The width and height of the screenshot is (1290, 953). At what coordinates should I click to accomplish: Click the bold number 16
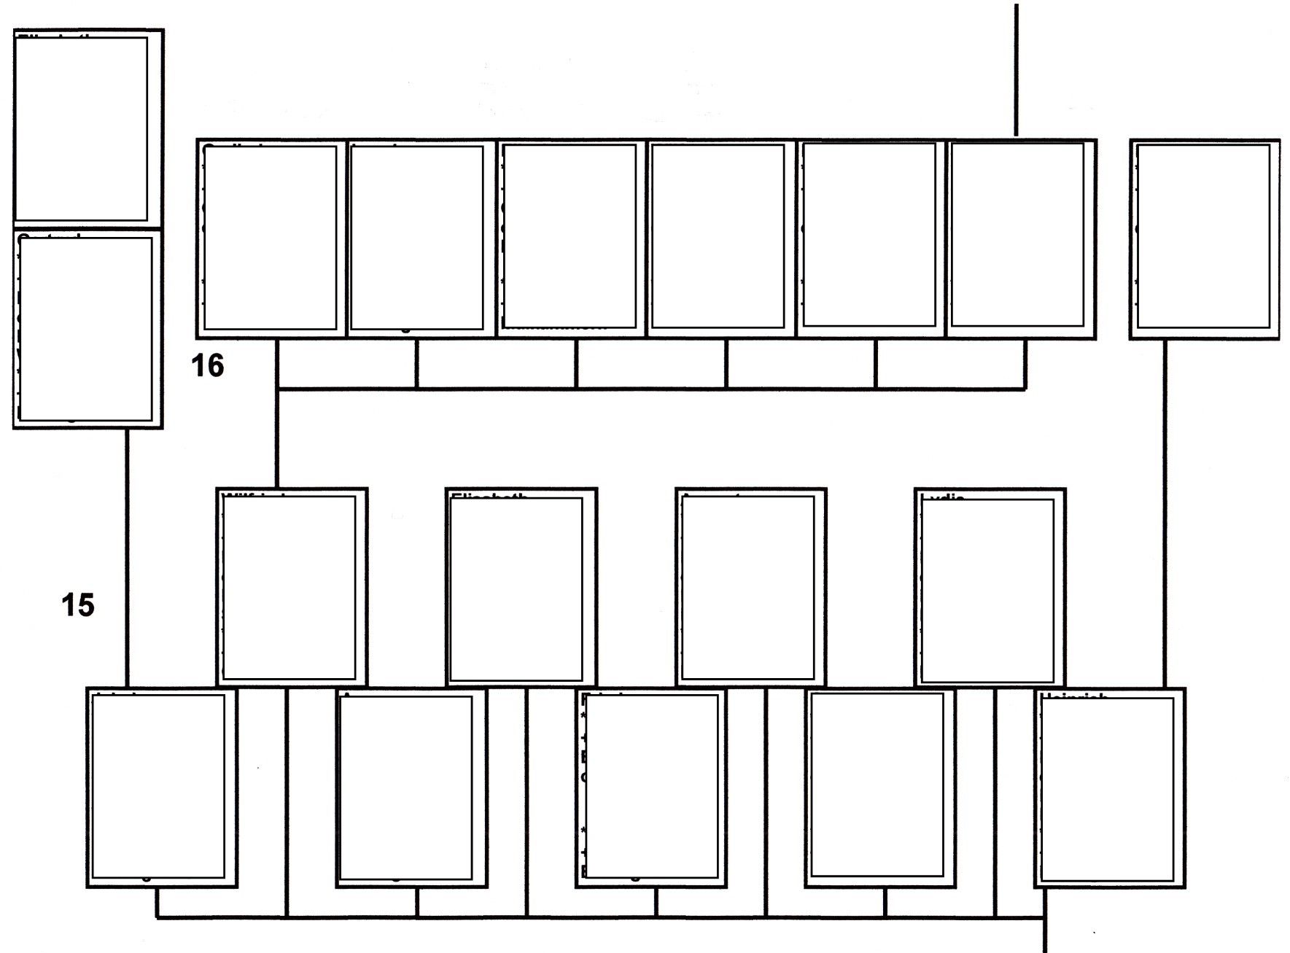tap(208, 365)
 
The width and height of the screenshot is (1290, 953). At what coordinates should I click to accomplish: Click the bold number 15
tap(78, 605)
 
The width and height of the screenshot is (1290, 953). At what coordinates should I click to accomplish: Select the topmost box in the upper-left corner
tap(88, 128)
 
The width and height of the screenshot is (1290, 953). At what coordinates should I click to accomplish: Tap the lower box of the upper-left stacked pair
tap(88, 328)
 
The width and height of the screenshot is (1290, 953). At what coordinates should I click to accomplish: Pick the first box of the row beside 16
tap(271, 238)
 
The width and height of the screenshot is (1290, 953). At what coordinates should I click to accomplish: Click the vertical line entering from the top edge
tap(1016, 69)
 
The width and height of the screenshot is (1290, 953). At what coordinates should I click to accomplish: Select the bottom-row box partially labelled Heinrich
tap(1108, 787)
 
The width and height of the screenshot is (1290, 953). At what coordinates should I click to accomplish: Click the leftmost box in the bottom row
tap(161, 787)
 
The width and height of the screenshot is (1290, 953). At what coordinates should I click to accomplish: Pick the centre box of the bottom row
tap(650, 787)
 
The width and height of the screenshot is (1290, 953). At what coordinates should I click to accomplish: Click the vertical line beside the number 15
tap(127, 558)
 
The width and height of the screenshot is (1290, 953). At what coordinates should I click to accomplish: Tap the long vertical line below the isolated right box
tap(1164, 510)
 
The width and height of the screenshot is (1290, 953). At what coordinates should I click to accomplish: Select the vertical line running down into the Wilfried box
tap(277, 437)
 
